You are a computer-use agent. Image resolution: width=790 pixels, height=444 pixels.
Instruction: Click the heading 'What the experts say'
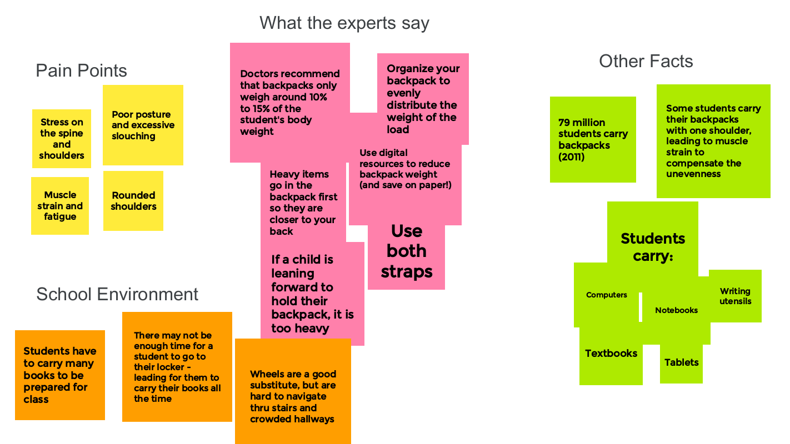[344, 23]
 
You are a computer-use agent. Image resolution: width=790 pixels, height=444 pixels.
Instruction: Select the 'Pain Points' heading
[81, 70]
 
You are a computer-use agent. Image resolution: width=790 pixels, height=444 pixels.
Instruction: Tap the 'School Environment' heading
[117, 294]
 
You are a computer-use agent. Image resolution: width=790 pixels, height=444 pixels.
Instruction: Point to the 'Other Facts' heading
[646, 61]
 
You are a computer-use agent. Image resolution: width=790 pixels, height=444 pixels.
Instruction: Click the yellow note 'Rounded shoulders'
[133, 201]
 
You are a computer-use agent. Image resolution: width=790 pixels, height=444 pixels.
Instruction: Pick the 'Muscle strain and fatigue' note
[60, 206]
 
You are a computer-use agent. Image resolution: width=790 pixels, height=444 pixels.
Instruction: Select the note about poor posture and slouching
[143, 125]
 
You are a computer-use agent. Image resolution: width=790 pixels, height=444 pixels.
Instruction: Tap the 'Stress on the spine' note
[62, 139]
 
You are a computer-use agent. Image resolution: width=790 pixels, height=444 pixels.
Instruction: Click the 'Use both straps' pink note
[406, 251]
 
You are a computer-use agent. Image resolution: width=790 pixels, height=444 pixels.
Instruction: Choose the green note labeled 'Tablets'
[681, 362]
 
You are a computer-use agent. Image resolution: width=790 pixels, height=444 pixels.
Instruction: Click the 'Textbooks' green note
[611, 354]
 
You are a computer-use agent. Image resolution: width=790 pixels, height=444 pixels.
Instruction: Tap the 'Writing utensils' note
[735, 296]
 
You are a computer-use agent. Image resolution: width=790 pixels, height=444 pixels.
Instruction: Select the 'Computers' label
[606, 295]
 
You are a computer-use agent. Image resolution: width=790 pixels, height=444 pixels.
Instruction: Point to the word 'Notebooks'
[676, 310]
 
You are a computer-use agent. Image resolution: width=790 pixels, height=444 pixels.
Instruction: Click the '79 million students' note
[593, 139]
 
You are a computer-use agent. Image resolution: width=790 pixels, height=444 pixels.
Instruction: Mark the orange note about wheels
[293, 396]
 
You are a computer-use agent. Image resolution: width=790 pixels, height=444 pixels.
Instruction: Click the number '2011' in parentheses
[573, 157]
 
